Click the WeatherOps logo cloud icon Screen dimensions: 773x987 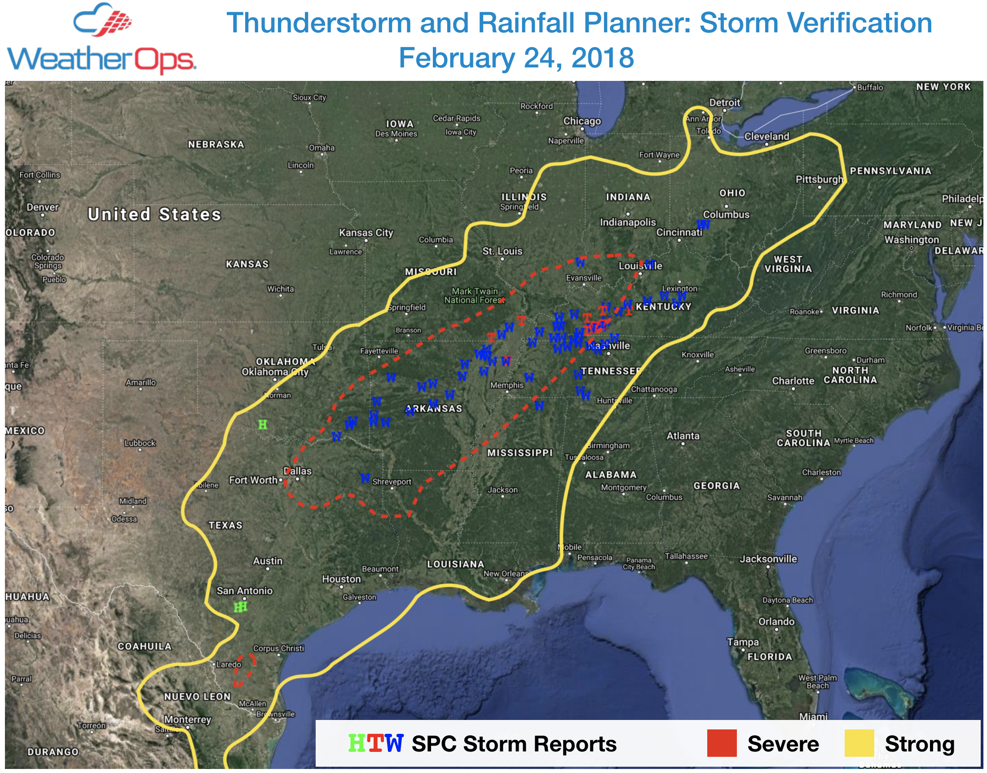(102, 20)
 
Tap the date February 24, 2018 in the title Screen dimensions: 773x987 (516, 58)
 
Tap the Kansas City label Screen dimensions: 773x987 (366, 233)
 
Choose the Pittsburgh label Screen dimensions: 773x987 (819, 179)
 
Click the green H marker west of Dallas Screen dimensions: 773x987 (262, 425)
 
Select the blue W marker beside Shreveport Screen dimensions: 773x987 (365, 478)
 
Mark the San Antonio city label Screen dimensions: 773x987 (245, 591)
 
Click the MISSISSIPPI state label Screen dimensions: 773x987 (520, 453)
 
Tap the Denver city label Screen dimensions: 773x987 (43, 207)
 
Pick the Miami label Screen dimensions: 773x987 (813, 716)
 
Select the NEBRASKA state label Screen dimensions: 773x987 (216, 144)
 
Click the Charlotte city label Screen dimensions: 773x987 (793, 381)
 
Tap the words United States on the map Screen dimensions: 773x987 (154, 214)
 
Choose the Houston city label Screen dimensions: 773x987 (341, 579)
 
